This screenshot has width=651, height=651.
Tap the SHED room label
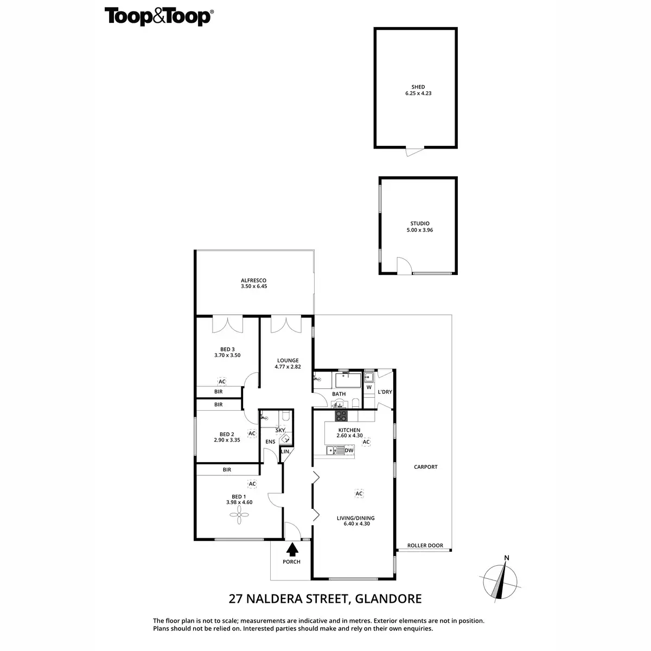[x=418, y=87]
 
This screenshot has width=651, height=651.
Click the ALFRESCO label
[x=254, y=280]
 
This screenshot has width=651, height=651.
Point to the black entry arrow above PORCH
[x=292, y=550]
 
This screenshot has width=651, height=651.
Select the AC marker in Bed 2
[x=252, y=433]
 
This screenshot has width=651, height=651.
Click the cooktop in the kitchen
[x=342, y=416]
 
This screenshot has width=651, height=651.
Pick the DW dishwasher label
[x=349, y=450]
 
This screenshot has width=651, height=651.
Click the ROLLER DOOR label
[x=425, y=546]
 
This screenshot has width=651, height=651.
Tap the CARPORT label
[x=425, y=467]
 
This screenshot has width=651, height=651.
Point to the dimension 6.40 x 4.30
[x=359, y=524]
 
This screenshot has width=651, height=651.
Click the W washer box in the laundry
[x=369, y=387]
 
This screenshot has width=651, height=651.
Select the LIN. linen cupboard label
[x=285, y=451]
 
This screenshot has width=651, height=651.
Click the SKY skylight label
[x=280, y=430]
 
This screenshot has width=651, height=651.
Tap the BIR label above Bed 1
[x=227, y=470]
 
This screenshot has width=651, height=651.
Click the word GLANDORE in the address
[x=389, y=599]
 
